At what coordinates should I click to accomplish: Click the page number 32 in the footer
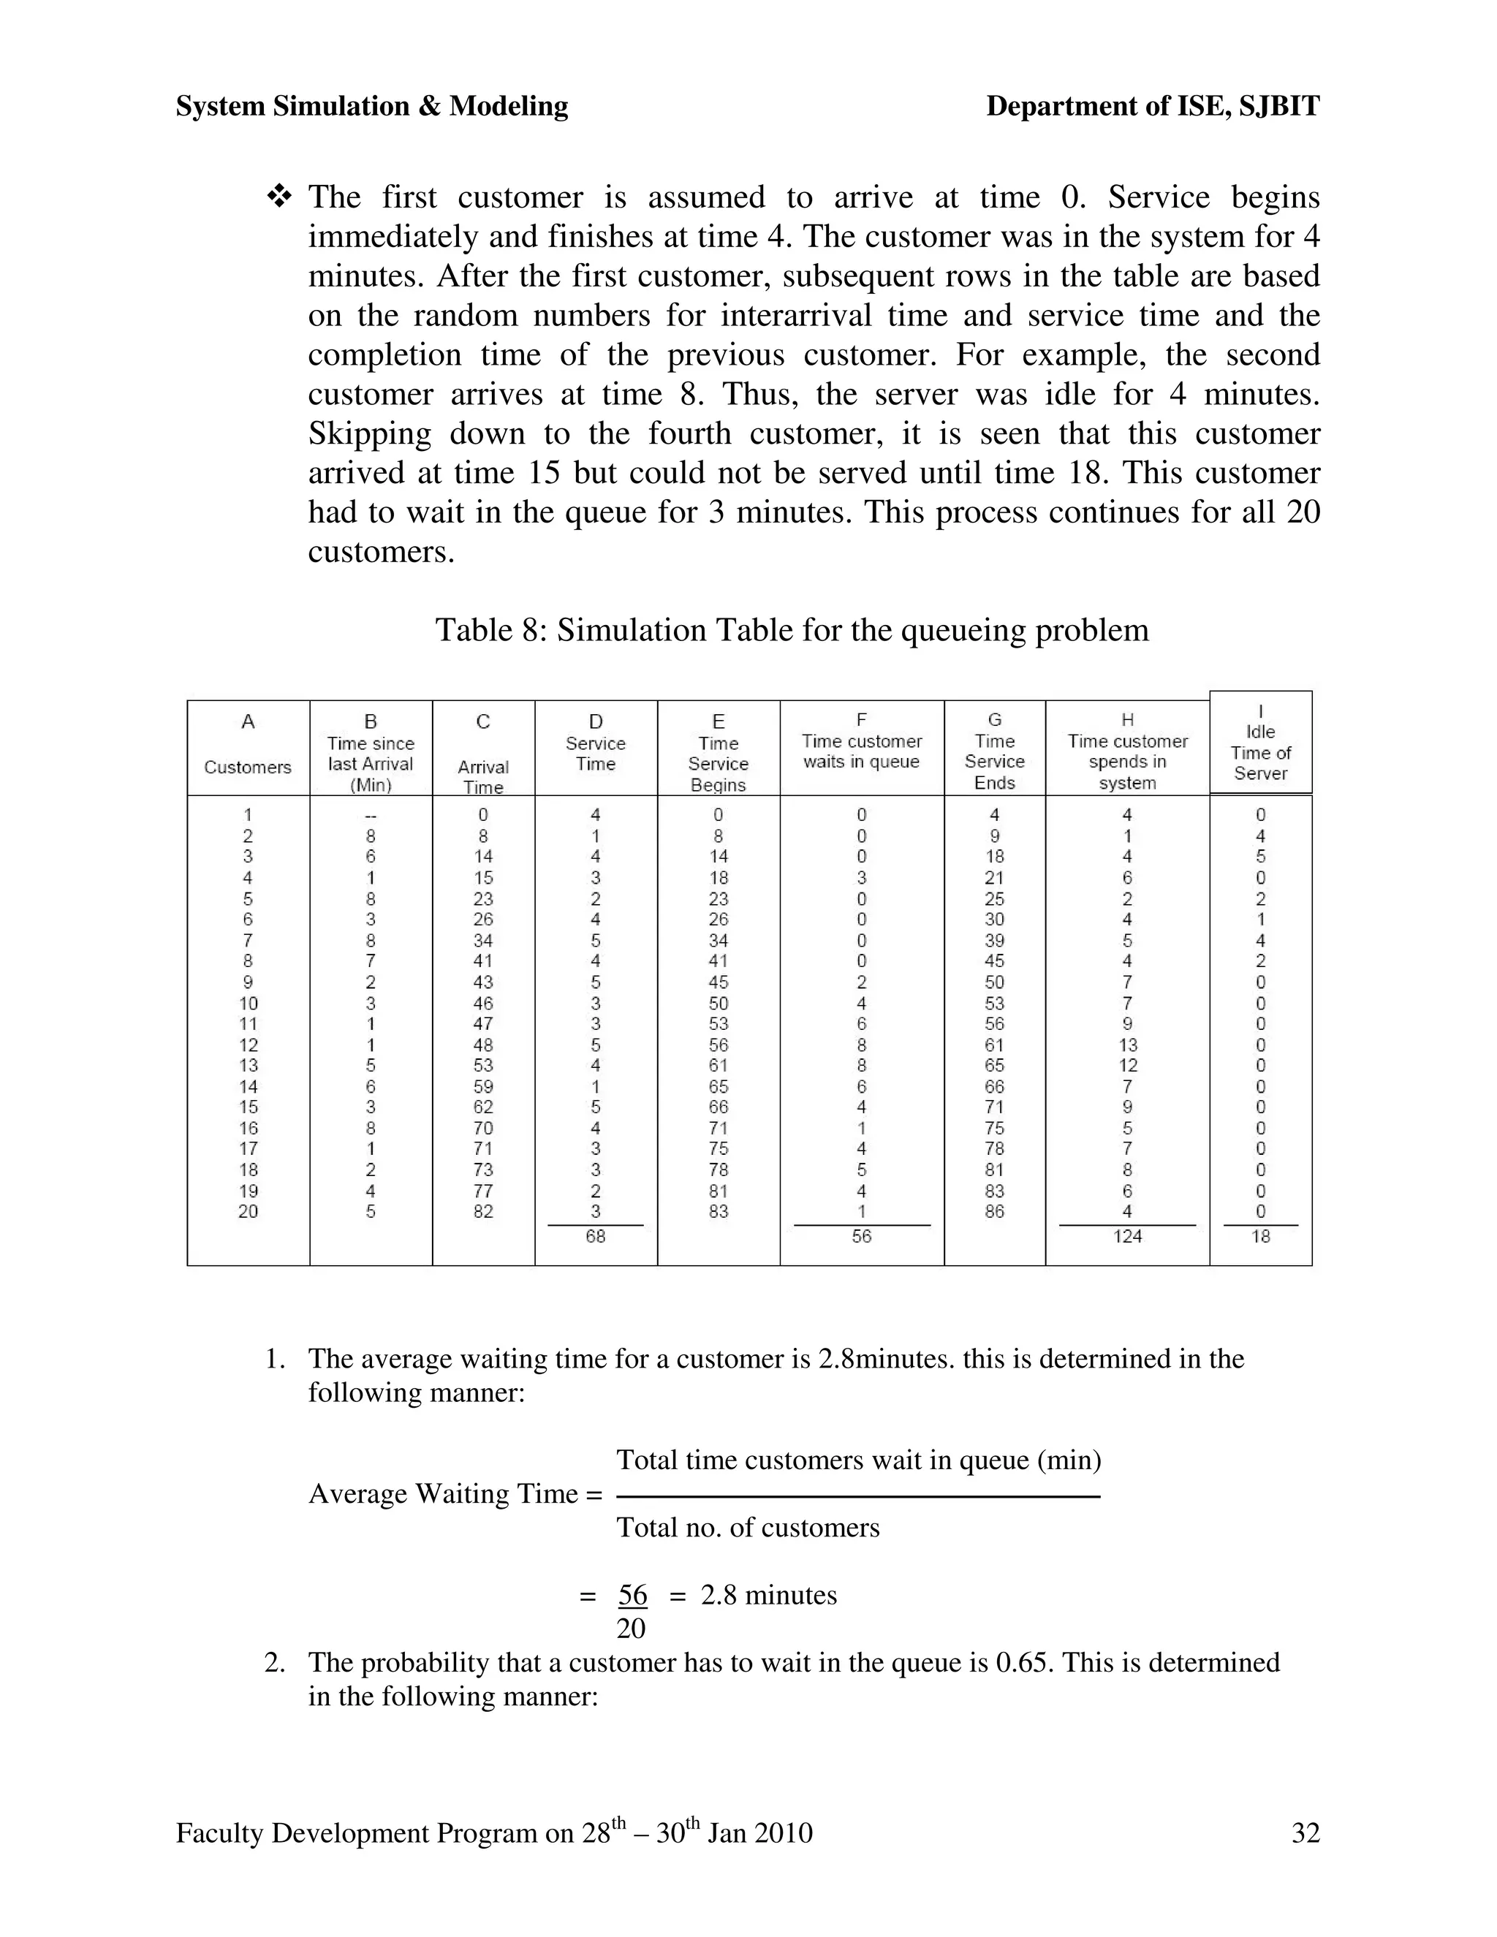point(1305,1832)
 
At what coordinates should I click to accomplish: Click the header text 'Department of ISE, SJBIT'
point(1152,107)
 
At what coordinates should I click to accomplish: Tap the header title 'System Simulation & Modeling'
point(371,107)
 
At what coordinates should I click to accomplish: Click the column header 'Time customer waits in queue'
point(861,751)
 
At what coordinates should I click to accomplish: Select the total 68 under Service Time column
point(595,1235)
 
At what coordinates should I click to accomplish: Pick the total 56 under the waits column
point(861,1235)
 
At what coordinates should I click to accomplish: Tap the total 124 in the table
point(1127,1235)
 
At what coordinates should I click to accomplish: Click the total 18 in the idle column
point(1260,1235)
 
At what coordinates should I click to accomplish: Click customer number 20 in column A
point(249,1210)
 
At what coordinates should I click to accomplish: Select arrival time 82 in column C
point(482,1210)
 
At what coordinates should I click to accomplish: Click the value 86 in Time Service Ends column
point(994,1210)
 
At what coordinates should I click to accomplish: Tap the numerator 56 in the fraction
point(632,1595)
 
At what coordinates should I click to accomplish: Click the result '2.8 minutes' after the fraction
point(768,1595)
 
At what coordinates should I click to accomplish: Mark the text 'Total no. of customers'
point(748,1527)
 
